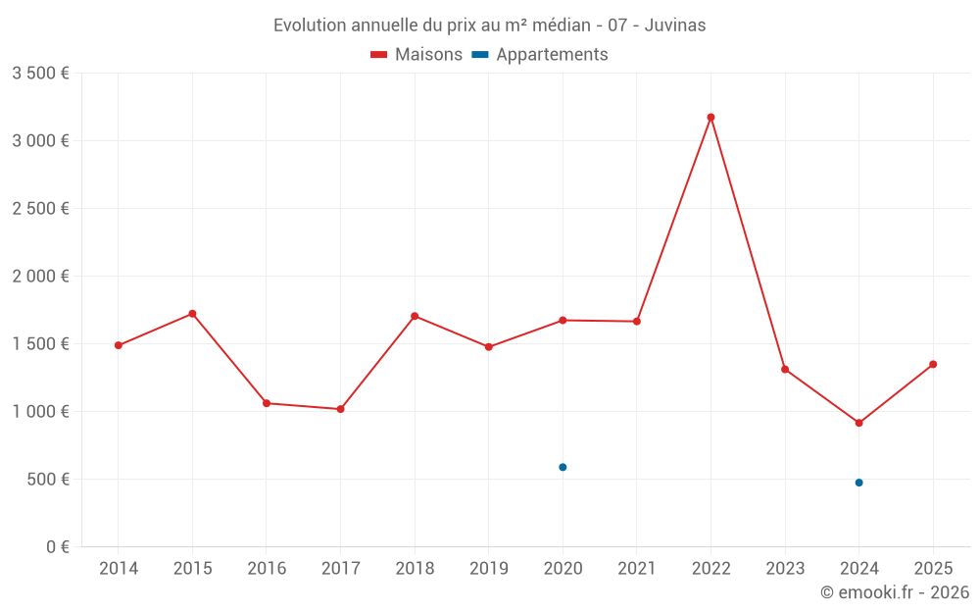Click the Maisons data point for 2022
click(710, 117)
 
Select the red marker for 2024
click(858, 423)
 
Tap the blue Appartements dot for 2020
click(563, 467)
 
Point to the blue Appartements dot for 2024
click(858, 483)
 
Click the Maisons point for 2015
click(192, 314)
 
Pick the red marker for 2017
click(340, 409)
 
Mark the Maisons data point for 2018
click(415, 316)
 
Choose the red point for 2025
click(933, 364)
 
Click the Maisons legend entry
click(416, 55)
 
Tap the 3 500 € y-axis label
click(40, 74)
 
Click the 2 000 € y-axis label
click(40, 277)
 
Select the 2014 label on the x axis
click(119, 569)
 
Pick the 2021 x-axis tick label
click(637, 569)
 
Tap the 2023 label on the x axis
click(785, 569)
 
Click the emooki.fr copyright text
click(895, 592)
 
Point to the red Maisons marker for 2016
click(267, 403)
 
